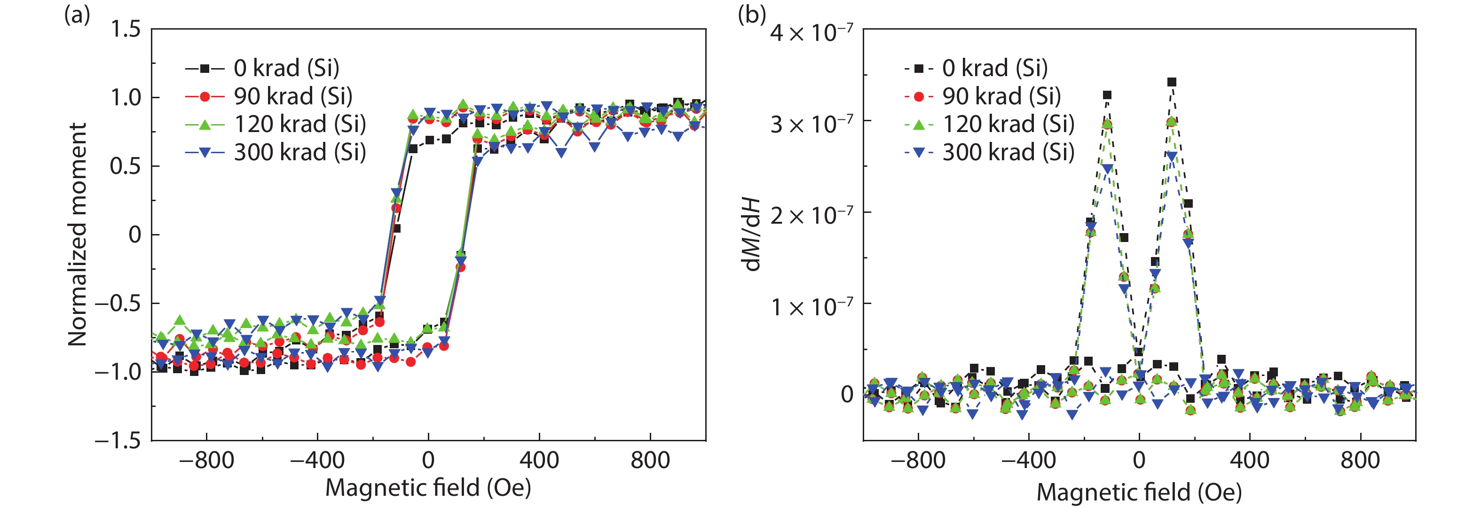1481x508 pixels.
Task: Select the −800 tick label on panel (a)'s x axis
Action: click(x=206, y=461)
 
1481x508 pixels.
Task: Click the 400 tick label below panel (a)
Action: click(x=539, y=461)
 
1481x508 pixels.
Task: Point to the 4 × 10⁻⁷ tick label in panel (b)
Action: click(x=811, y=31)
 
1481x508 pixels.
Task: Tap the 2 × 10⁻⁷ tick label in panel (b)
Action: click(x=811, y=215)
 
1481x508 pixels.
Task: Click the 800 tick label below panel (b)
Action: click(x=1360, y=461)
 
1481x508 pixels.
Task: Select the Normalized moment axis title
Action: click(x=78, y=234)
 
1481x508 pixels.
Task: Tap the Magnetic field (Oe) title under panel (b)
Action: click(x=1139, y=492)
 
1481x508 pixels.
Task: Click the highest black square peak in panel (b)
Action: click(x=1172, y=82)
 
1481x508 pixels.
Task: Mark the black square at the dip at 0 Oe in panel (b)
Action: click(x=1139, y=352)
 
